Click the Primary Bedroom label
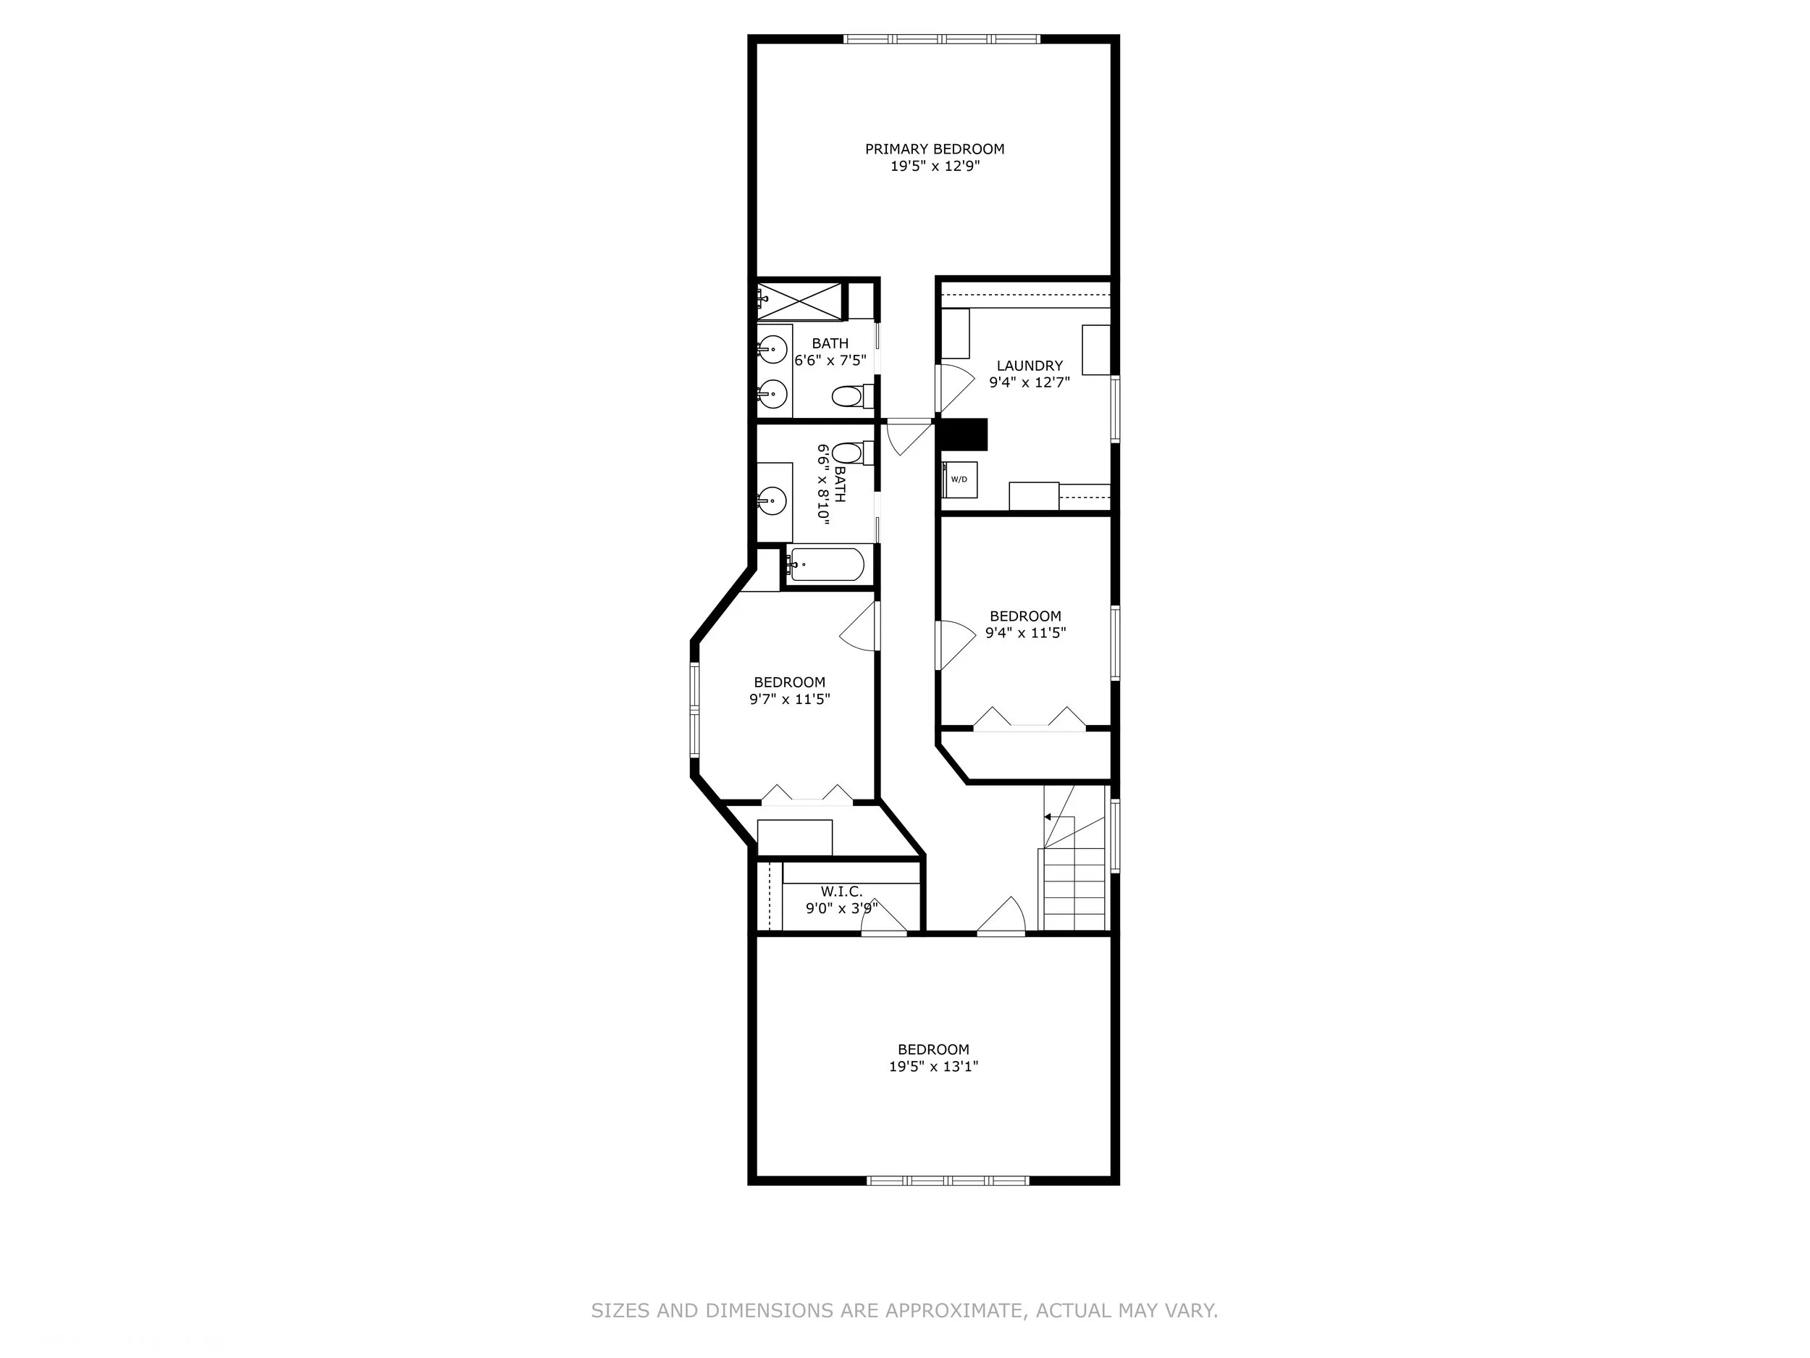pos(935,149)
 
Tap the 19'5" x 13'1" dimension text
pos(934,1067)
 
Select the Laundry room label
pos(1030,366)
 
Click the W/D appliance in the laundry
pos(959,479)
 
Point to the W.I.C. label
pos(841,892)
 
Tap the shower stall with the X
pos(799,301)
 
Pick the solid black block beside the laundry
pos(962,435)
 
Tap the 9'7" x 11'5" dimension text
pos(790,699)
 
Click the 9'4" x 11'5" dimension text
pos(1025,633)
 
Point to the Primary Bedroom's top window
pos(942,38)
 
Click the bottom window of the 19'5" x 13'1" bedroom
pos(948,1181)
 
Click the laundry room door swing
pos(954,389)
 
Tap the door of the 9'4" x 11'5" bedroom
pos(955,646)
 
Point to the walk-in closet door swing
pos(884,916)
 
